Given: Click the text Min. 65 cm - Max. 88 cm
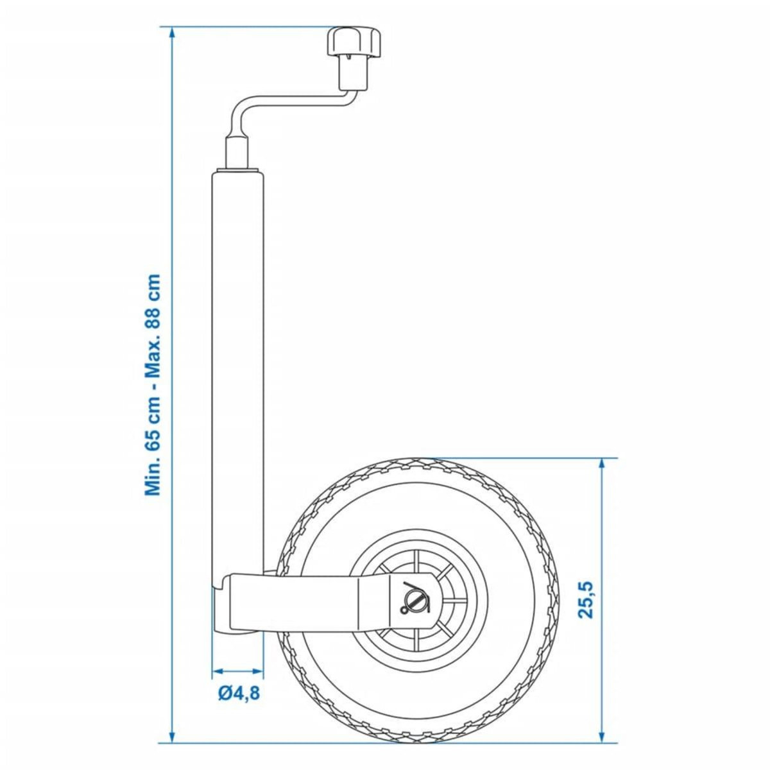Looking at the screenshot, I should pyautogui.click(x=153, y=385).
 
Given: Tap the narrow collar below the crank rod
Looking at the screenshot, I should pyautogui.click(x=238, y=152).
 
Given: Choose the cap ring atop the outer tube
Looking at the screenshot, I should pyautogui.click(x=238, y=171).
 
